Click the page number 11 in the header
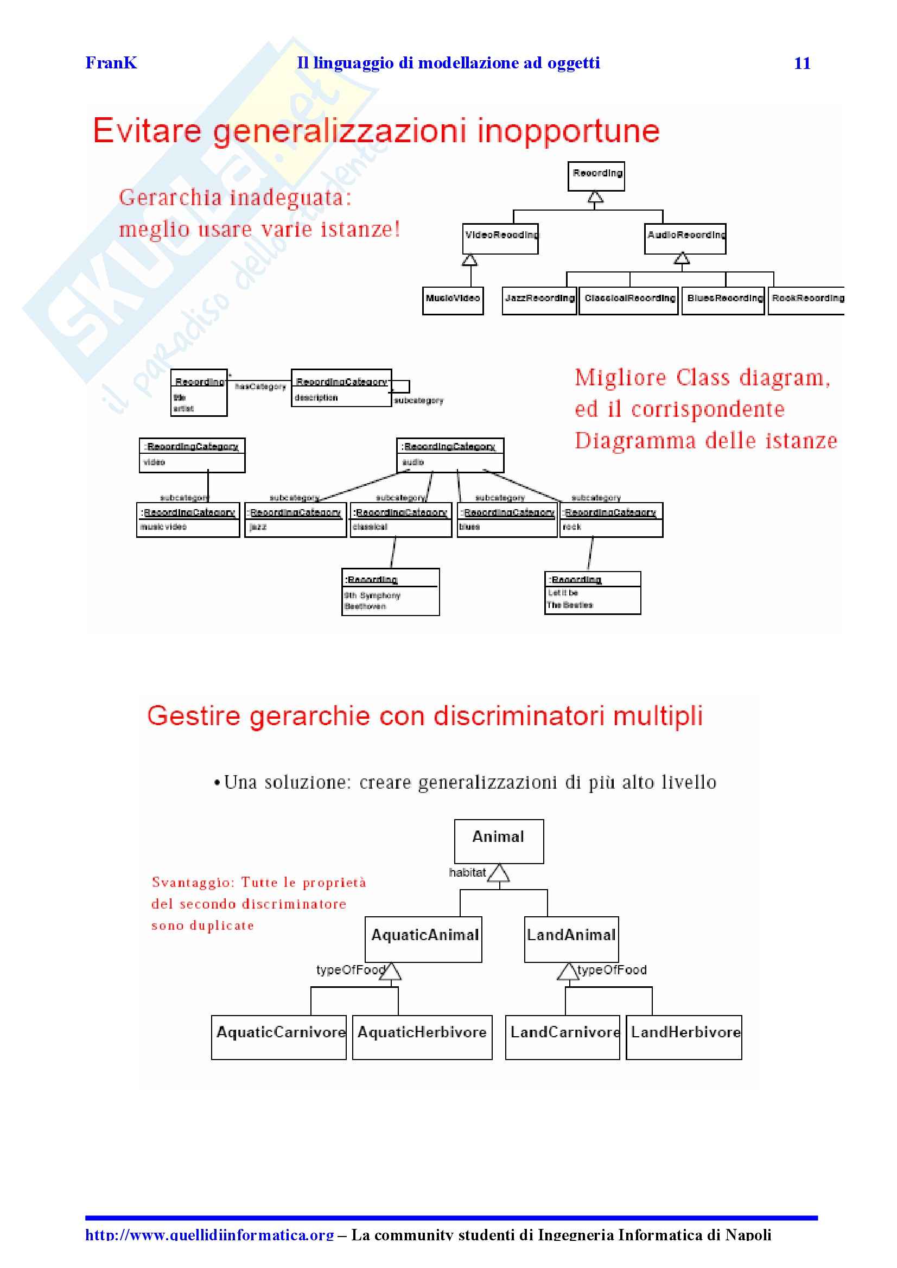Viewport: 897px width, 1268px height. click(801, 64)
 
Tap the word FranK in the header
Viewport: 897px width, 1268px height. click(111, 63)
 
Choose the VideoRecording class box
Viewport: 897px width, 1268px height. click(500, 238)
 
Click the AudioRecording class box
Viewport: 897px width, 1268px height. click(685, 238)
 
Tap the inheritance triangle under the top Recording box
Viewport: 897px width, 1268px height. click(595, 196)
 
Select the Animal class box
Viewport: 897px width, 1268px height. click(498, 840)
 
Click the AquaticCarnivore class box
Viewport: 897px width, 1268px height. click(279, 1037)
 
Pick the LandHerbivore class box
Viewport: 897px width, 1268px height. click(684, 1037)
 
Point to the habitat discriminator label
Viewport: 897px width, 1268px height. click(467, 872)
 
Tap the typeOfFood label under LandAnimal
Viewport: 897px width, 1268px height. click(612, 969)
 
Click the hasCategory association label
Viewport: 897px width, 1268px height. click(260, 387)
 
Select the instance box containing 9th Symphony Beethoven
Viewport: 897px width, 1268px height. click(391, 592)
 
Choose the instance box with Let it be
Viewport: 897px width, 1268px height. click(592, 593)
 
